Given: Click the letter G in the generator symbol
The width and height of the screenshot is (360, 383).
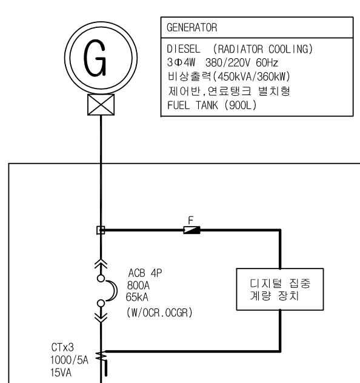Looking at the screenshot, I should (98, 59).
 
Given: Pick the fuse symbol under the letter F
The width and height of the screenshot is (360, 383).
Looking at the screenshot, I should (192, 230).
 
